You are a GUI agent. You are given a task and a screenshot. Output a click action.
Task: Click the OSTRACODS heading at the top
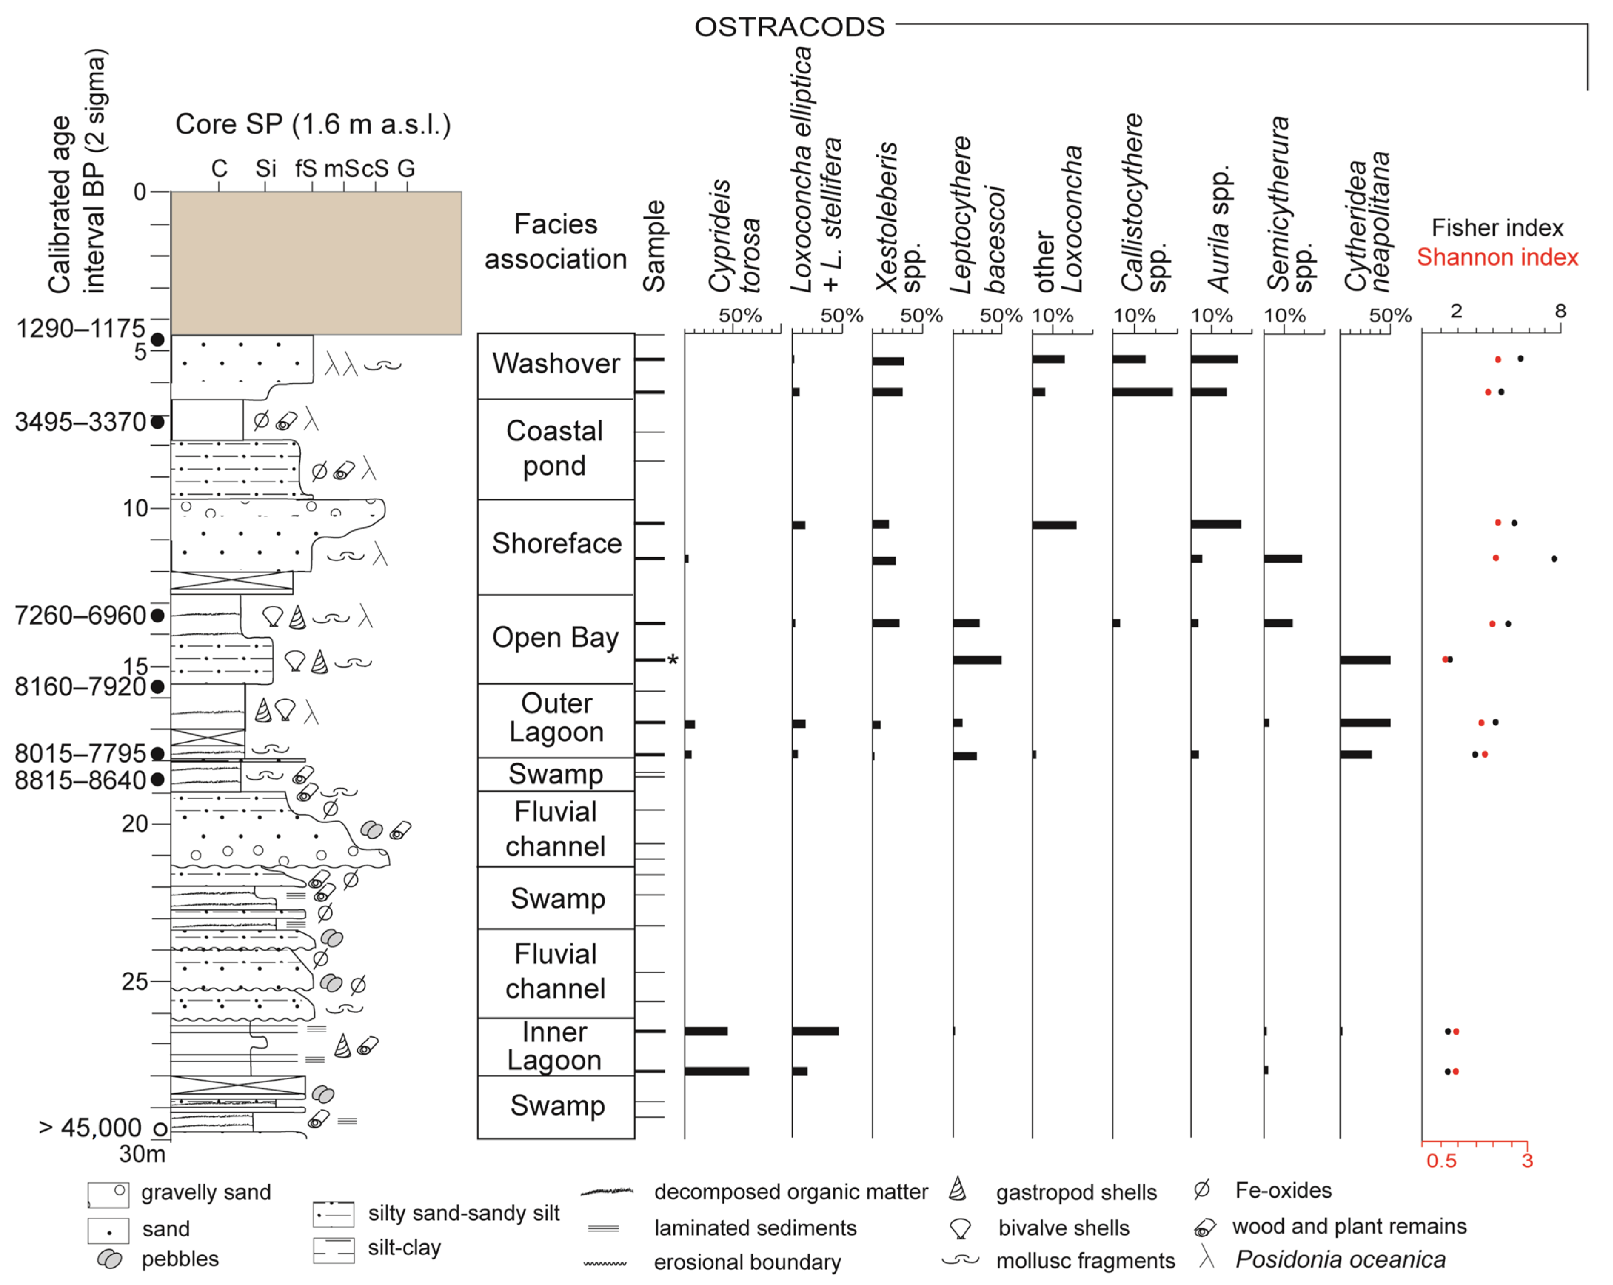click(x=789, y=27)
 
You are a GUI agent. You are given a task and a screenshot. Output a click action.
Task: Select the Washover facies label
click(x=556, y=364)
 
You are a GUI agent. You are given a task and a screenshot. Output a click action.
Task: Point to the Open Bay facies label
click(x=556, y=637)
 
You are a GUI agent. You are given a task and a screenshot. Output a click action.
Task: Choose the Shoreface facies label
click(x=557, y=543)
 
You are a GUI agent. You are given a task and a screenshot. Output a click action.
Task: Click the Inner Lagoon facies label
click(x=554, y=1046)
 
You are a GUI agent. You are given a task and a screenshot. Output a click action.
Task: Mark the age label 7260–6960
click(x=81, y=615)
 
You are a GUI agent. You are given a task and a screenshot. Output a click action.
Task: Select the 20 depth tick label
click(x=135, y=823)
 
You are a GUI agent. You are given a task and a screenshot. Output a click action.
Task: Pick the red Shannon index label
click(x=1497, y=257)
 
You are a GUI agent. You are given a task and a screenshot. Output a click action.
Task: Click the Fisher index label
click(x=1497, y=227)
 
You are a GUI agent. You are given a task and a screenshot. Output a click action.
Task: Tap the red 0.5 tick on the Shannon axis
click(x=1441, y=1161)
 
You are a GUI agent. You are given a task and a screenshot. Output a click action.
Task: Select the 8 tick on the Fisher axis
click(x=1560, y=310)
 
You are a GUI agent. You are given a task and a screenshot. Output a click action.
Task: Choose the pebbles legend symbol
click(x=110, y=1259)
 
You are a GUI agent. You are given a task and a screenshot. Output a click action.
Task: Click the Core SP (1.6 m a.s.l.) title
click(x=313, y=124)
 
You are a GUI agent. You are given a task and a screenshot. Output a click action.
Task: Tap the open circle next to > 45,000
click(x=159, y=1129)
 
